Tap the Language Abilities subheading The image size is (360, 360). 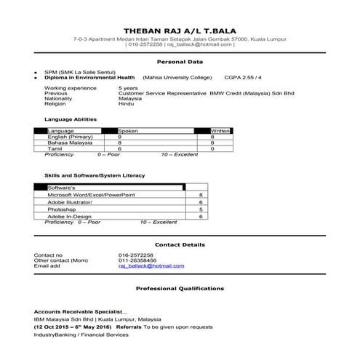point(71,119)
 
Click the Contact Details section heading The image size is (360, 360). point(180,245)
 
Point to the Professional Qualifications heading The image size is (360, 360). point(180,289)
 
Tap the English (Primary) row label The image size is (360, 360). point(70,137)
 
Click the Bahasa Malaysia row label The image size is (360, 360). point(69,143)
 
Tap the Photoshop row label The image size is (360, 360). point(62,209)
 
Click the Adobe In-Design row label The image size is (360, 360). point(69,217)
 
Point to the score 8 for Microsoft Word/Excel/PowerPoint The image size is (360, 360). point(200,196)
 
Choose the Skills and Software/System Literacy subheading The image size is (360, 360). point(95,175)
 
